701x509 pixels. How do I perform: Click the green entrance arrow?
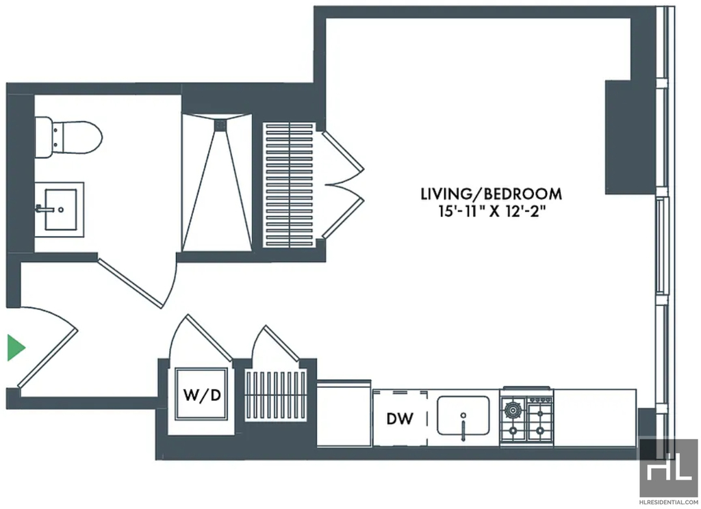(16, 348)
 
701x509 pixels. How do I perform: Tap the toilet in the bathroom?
(68, 138)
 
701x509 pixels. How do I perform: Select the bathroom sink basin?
(61, 209)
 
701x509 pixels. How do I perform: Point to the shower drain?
(220, 126)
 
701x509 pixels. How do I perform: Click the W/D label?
(203, 395)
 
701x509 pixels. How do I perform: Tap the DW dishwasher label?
(400, 419)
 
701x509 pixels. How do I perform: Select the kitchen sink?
(463, 415)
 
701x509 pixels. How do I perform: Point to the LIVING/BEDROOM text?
(492, 194)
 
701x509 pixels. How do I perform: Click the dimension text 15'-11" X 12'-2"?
(492, 211)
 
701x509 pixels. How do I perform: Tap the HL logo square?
(667, 467)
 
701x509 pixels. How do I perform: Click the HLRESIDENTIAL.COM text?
(668, 502)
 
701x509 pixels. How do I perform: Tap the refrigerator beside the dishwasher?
(344, 413)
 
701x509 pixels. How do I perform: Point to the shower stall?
(217, 183)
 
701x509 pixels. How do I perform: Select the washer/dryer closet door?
(201, 338)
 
